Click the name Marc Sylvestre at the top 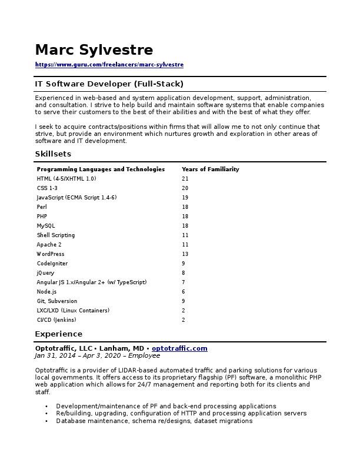tap(94, 50)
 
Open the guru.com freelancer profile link tap(109, 65)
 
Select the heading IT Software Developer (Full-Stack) tap(109, 84)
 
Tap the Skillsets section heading tap(53, 154)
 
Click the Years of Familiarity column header tap(210, 169)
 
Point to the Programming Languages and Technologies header tap(101, 169)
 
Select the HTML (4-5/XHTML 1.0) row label tap(66, 179)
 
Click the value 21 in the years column tap(185, 179)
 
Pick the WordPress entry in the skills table tap(51, 254)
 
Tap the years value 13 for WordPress tap(185, 254)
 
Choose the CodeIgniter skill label tap(52, 264)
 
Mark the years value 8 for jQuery tap(184, 273)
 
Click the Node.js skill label tap(46, 292)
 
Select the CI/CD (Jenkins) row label tap(56, 320)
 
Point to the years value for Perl tap(185, 207)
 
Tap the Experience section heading tap(58, 334)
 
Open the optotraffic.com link tap(179, 348)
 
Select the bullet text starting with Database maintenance tap(154, 421)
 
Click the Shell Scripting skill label tap(56, 235)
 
